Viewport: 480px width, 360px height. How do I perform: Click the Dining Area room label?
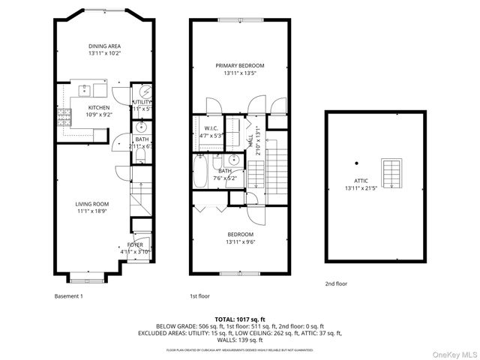click(104, 45)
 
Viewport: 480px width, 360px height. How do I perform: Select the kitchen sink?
click(85, 91)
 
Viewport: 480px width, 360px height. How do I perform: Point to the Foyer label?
click(135, 245)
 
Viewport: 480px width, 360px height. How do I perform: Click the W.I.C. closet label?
click(211, 128)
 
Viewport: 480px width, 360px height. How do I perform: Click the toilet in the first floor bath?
click(217, 163)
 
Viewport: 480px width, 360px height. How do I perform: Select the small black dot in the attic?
click(357, 163)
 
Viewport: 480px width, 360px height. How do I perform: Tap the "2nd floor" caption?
click(336, 283)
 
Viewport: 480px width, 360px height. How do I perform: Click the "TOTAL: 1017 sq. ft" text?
click(240, 319)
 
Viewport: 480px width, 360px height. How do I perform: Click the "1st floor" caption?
click(199, 295)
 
